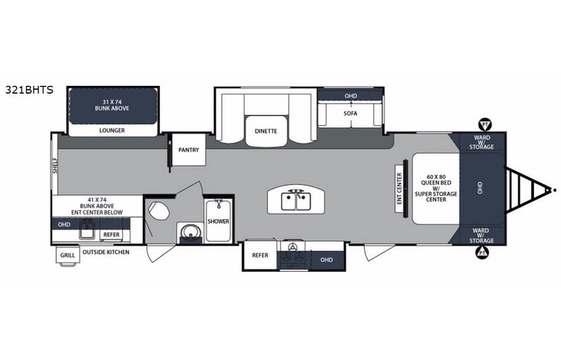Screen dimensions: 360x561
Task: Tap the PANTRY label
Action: click(x=188, y=150)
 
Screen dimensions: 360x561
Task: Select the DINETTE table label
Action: click(x=266, y=131)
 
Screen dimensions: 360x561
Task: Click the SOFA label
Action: click(x=351, y=114)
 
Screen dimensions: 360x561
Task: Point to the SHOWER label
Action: click(x=218, y=221)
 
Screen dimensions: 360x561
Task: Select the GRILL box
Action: click(x=68, y=256)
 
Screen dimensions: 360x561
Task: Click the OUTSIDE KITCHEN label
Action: click(x=106, y=252)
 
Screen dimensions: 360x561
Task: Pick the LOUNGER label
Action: click(x=112, y=130)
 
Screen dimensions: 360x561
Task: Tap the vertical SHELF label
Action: click(x=56, y=164)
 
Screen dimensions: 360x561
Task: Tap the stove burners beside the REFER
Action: click(x=292, y=256)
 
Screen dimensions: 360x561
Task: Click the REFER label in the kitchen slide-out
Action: click(x=260, y=256)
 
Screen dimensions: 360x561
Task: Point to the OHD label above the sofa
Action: click(x=351, y=96)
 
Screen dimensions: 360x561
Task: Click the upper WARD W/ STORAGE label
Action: click(x=481, y=143)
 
